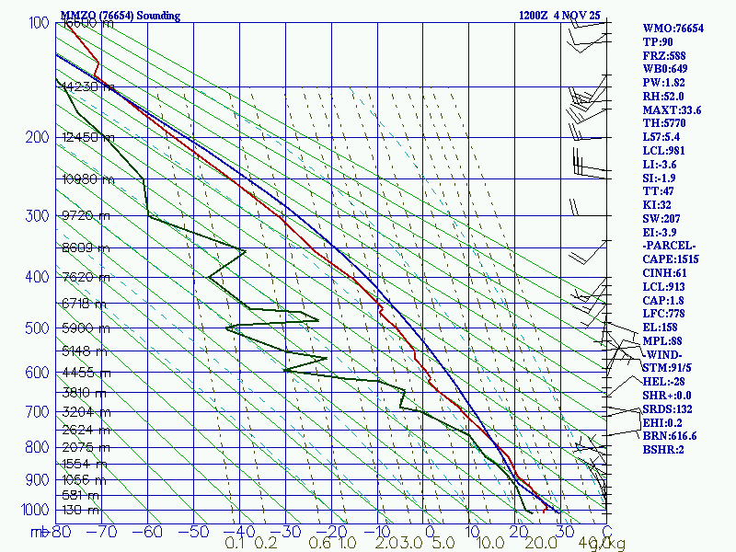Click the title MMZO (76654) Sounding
point(121,16)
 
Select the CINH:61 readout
point(667,273)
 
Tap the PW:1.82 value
point(664,82)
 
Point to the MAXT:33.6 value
point(672,109)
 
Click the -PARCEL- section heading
point(669,247)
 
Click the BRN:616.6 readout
point(670,436)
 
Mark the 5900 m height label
point(87,328)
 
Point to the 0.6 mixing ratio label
point(320,543)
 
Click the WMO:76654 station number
point(673,29)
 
